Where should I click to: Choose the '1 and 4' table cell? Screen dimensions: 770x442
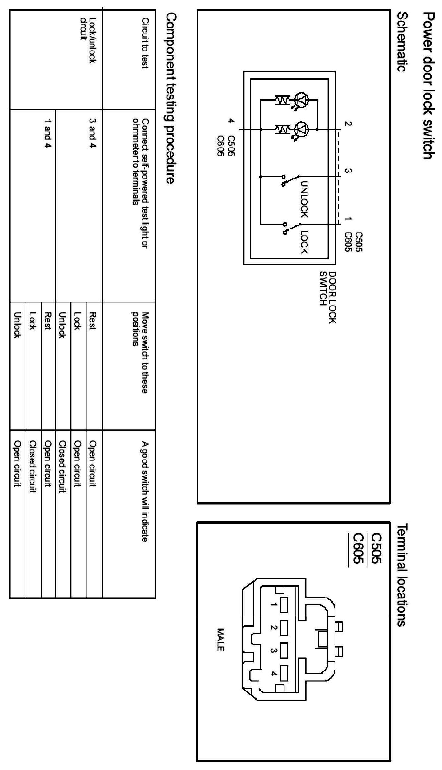tap(47, 133)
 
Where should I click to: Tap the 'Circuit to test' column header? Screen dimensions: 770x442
tap(145, 43)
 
